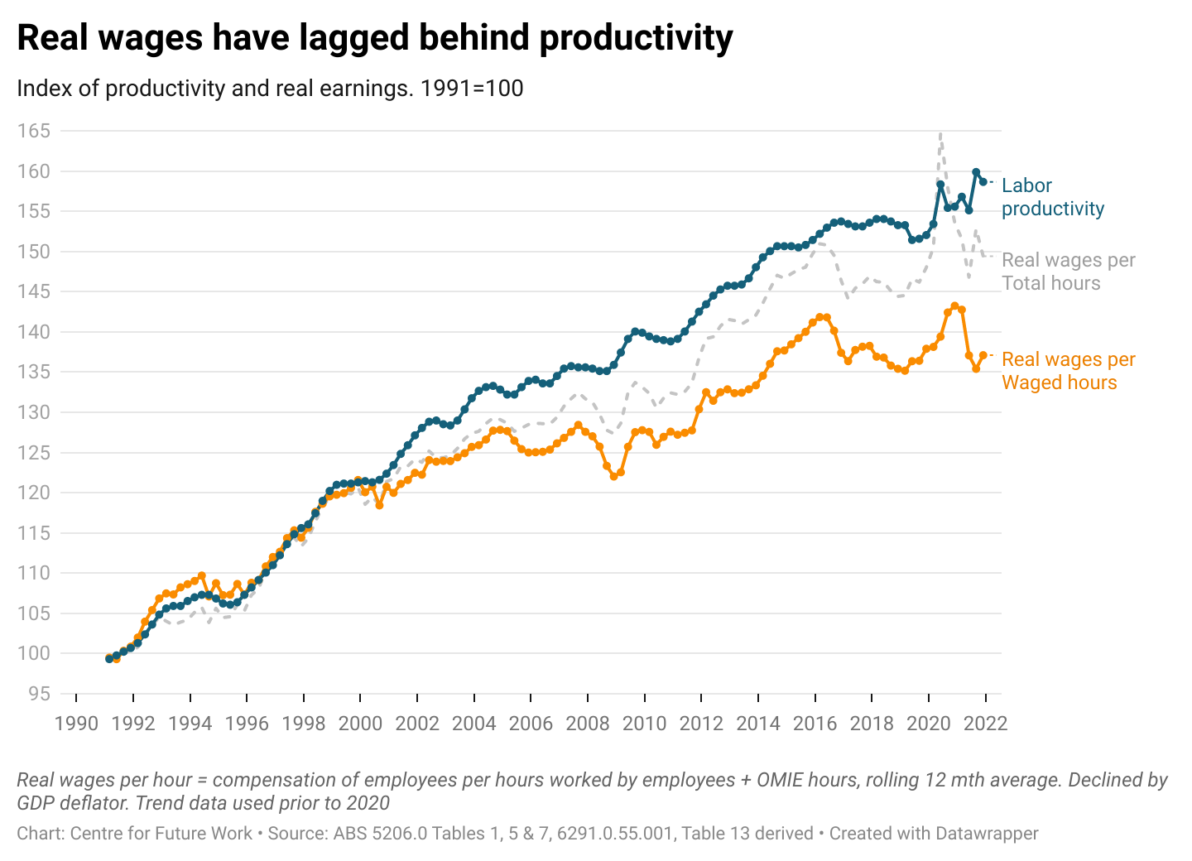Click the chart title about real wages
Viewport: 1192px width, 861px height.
[x=374, y=38]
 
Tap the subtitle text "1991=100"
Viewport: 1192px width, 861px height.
[x=472, y=89]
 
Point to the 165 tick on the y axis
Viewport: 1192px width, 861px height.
[x=34, y=131]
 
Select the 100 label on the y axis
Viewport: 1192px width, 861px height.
[x=34, y=653]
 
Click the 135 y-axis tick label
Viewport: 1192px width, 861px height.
[x=34, y=372]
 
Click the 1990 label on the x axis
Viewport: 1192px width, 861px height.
[x=76, y=724]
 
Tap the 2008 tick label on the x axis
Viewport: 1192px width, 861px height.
[x=587, y=724]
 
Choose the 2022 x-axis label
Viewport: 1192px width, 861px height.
[x=985, y=724]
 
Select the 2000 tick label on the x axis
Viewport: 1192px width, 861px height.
[x=360, y=724]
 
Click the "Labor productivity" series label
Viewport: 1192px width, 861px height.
[x=1052, y=197]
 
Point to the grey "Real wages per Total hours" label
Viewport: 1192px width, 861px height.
[x=1068, y=272]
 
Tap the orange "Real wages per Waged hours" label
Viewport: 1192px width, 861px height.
[x=1068, y=371]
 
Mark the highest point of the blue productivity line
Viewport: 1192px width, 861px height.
[x=976, y=172]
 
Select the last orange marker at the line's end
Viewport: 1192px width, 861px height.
[x=983, y=355]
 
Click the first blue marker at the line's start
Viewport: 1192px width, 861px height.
[x=109, y=658]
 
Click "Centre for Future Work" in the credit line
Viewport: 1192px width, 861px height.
[x=161, y=834]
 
